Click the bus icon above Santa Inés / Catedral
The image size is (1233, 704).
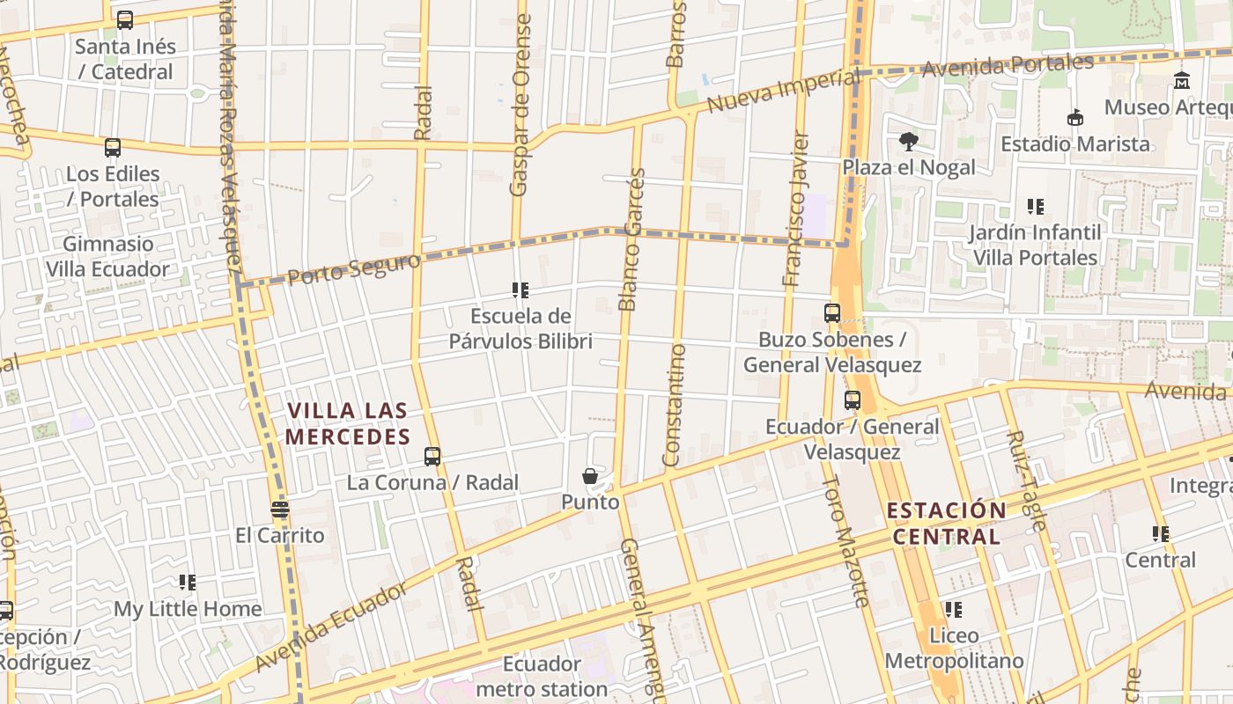125,19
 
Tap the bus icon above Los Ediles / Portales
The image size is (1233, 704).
113,147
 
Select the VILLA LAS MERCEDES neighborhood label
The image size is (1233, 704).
348,423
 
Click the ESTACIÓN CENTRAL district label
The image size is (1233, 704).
946,524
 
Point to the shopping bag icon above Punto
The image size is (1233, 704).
590,476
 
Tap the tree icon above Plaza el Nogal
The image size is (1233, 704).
909,141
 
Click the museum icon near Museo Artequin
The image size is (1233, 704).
1182,81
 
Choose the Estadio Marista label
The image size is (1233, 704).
1075,143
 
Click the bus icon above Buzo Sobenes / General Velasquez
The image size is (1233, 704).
832,312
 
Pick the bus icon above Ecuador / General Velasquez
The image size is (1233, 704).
852,400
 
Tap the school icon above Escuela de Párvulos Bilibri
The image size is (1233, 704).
521,290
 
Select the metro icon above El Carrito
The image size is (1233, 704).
280,509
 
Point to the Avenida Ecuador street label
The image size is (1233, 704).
331,626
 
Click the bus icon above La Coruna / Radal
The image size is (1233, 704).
432,456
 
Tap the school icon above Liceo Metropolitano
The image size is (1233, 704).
954,609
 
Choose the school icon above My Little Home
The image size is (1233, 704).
188,582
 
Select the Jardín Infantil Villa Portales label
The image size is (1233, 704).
1035,245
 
